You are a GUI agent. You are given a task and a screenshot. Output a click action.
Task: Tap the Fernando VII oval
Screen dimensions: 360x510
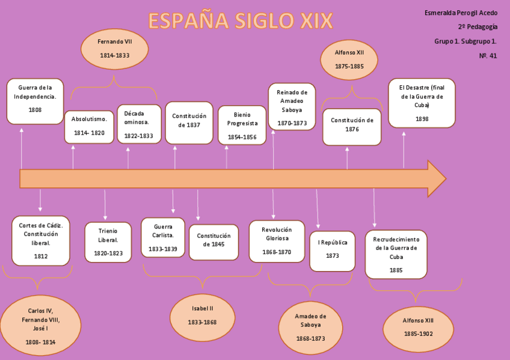tap(114, 48)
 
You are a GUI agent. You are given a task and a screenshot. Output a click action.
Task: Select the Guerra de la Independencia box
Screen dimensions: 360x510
tap(35, 101)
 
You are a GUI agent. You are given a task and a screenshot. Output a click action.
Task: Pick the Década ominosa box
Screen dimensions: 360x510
tap(139, 124)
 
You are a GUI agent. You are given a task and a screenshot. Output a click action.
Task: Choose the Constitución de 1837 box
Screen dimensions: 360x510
tap(189, 123)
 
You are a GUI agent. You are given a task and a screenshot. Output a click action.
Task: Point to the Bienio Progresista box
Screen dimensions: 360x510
tap(242, 125)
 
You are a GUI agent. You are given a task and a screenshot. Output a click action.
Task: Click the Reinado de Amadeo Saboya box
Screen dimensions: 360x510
tap(292, 107)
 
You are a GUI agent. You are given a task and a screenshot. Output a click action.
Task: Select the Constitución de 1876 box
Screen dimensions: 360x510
tap(352, 126)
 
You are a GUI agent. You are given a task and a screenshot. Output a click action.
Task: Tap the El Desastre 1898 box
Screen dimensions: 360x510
tap(422, 103)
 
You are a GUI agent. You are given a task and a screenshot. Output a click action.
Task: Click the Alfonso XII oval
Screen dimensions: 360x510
tap(349, 59)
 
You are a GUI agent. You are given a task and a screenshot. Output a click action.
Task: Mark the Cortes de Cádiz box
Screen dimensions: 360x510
tap(41, 240)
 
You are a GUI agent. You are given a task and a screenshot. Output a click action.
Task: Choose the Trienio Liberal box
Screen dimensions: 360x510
tap(108, 242)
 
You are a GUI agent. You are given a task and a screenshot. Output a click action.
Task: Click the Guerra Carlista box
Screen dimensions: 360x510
tap(163, 237)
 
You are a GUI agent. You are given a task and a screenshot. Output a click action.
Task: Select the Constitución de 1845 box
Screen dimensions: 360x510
tap(214, 242)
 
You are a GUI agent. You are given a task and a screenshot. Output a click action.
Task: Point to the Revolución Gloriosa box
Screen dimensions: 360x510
tap(277, 241)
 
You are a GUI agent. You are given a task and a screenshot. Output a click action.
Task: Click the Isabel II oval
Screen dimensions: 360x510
tap(203, 315)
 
